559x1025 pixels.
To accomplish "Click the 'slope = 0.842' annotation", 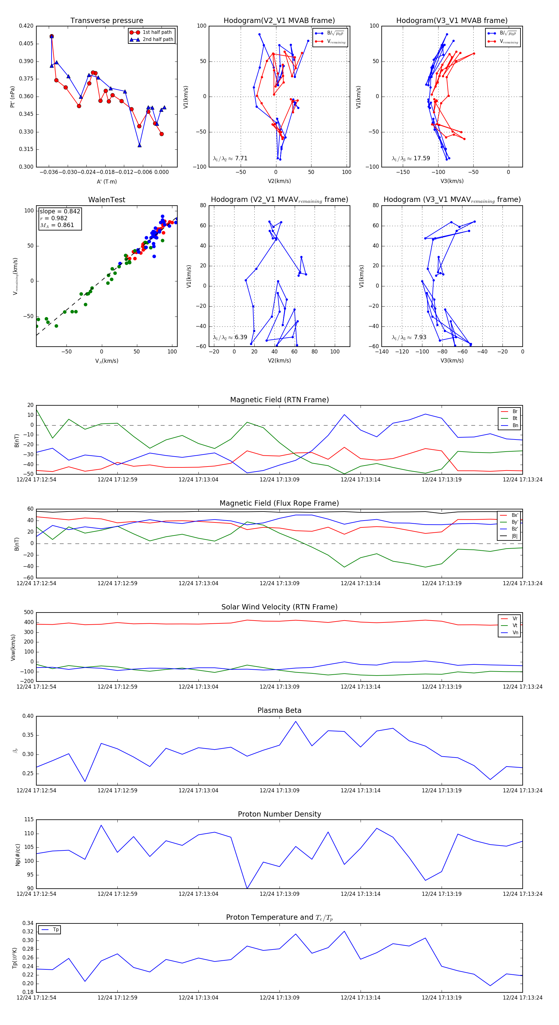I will pos(60,211).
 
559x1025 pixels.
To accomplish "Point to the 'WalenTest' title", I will pos(107,200).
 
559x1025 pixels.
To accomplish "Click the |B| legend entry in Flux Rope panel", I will pos(514,536).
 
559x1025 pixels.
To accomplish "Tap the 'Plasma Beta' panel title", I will pos(279,710).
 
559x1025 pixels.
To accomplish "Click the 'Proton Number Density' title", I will pos(279,814).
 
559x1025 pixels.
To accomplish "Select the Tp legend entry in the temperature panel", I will pos(55,930).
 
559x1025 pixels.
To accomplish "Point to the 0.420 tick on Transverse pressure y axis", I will pos(26,26).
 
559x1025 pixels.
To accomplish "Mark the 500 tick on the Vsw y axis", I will pos(29,613).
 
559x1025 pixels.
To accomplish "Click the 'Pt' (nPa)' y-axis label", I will pos(12,97).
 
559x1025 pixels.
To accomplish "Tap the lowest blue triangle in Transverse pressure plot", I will pos(139,145).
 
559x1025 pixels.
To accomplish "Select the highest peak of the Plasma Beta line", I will pos(296,722).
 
